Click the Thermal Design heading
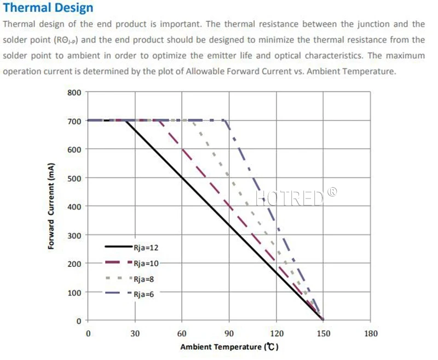click(48, 8)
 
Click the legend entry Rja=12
click(146, 247)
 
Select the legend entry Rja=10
click(146, 263)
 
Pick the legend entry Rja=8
click(143, 279)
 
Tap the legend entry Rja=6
click(143, 294)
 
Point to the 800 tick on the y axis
click(74, 92)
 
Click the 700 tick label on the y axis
click(74, 121)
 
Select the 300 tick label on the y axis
click(74, 236)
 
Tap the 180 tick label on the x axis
click(371, 333)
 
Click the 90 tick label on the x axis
click(229, 333)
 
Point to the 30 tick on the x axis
click(135, 333)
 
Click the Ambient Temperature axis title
click(229, 347)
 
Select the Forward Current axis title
click(51, 206)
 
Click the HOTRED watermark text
click(290, 198)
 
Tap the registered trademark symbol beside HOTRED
click(332, 191)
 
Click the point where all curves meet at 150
click(323, 320)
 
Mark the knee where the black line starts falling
click(125, 121)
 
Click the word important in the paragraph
click(180, 24)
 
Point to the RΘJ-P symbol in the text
click(67, 40)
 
